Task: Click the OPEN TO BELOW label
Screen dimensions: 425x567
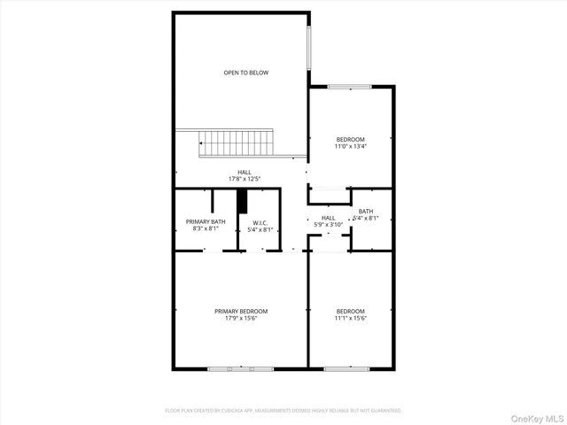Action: pos(245,73)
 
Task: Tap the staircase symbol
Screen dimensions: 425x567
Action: pos(236,142)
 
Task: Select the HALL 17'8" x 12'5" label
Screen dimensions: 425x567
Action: pos(244,175)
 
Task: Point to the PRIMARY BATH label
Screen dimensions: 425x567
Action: pos(206,221)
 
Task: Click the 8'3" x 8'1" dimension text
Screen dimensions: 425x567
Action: pos(206,229)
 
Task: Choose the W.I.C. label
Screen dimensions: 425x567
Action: pos(260,222)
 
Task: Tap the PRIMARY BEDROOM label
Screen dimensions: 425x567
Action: pos(241,311)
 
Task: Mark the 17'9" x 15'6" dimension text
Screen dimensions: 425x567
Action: pos(241,319)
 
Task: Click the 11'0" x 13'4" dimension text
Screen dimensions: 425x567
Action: pos(350,147)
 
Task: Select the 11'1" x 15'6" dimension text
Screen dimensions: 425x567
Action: pos(351,319)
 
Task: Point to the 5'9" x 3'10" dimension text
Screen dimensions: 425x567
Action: pos(328,225)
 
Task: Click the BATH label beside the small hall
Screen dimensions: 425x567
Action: pos(366,211)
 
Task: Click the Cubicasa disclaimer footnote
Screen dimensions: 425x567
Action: pos(283,411)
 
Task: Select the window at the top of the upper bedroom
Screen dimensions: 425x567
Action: pos(349,86)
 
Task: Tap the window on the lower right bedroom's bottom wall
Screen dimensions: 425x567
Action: pos(346,367)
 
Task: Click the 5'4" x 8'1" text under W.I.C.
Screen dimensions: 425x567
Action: pos(260,230)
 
